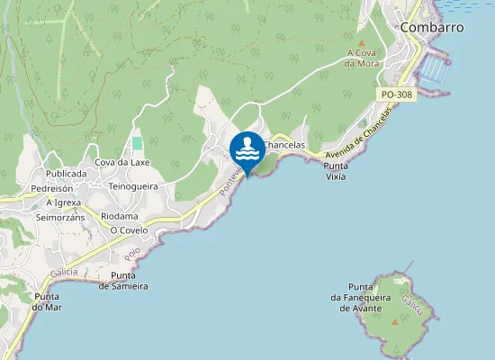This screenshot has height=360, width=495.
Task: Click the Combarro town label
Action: coord(432,27)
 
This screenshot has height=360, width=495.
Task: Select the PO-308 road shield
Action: coord(396,94)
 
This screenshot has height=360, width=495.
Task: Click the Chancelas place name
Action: coord(285,145)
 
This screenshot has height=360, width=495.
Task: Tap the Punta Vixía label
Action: coord(337,171)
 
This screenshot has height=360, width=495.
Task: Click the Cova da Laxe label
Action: coord(122,162)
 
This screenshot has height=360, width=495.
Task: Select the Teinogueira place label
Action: coord(133,186)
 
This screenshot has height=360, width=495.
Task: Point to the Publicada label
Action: coord(66,173)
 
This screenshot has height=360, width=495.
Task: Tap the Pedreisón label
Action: coord(51,189)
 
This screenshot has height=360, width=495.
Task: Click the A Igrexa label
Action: coord(64,202)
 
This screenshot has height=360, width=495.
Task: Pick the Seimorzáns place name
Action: coord(60,218)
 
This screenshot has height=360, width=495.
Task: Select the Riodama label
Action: coord(120,216)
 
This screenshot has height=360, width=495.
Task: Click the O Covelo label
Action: coord(129,230)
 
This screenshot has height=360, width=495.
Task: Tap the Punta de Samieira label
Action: coord(129,281)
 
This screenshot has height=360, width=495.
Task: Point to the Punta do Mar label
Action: coord(46,301)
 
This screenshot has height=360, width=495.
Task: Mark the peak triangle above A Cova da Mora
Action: coord(362,42)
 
